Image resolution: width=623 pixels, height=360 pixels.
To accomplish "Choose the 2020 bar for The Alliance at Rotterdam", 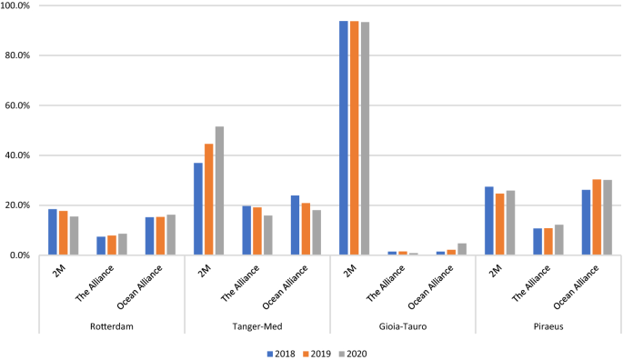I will [122, 245].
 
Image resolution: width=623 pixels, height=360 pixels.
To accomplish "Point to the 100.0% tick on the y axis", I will [17, 5].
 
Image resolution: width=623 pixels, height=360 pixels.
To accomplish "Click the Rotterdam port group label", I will [112, 327].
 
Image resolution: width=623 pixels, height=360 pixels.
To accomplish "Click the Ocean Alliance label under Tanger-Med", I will [290, 286].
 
